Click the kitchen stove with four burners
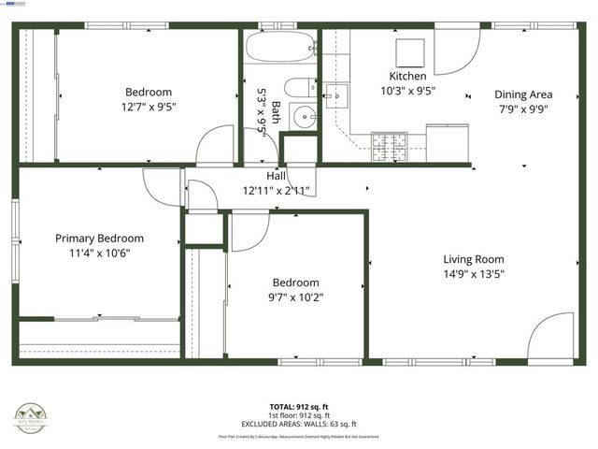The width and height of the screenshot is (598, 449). [391, 143]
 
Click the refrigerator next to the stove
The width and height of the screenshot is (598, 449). [445, 141]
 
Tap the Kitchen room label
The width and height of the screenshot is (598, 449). [408, 76]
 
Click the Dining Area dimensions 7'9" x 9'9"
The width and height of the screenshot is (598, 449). [523, 109]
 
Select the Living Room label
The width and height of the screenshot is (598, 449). [474, 260]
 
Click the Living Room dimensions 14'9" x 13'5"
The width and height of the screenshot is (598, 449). [474, 275]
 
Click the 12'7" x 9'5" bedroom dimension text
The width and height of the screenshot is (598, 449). [149, 107]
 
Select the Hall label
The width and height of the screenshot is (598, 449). [277, 175]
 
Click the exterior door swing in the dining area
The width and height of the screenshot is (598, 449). [455, 55]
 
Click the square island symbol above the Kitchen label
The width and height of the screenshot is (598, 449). [408, 51]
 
